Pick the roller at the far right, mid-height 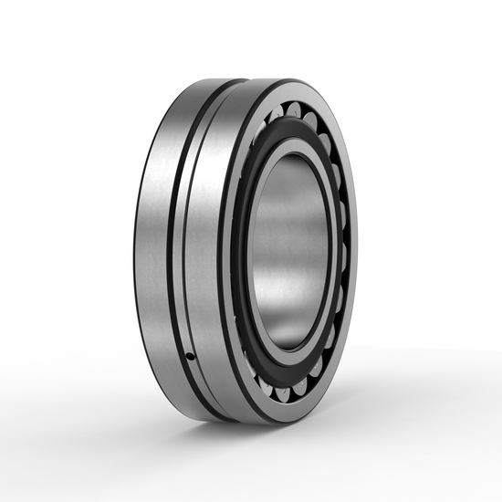tap(344, 251)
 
